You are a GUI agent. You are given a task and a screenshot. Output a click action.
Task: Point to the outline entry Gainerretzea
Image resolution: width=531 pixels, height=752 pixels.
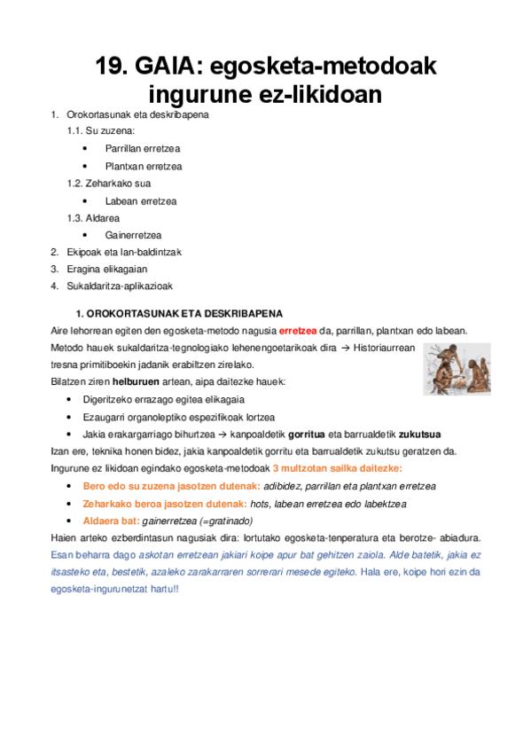[133, 235]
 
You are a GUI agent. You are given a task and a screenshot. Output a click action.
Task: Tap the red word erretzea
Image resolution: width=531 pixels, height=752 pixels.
[298, 331]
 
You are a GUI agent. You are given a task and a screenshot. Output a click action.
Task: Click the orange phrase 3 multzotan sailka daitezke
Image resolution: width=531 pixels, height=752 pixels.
[338, 467]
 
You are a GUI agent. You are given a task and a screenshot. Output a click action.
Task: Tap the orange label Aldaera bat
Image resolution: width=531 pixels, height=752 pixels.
[110, 520]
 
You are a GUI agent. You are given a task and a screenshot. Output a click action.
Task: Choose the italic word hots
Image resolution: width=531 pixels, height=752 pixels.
[260, 503]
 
